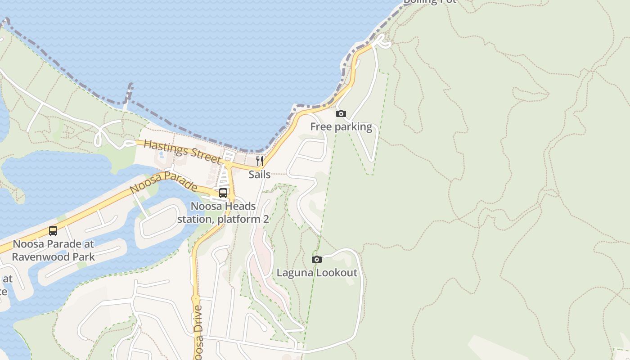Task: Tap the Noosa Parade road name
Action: [x=163, y=182]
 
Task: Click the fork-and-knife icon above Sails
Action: [x=260, y=161]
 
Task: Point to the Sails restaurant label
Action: [x=260, y=175]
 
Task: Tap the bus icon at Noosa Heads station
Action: [x=223, y=193]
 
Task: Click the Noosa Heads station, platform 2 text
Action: [x=223, y=213]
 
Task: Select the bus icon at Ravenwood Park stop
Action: [x=53, y=231]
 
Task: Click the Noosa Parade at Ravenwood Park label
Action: [x=53, y=251]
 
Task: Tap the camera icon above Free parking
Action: [x=341, y=114]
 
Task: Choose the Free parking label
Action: [x=341, y=127]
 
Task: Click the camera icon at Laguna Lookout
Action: [x=317, y=259]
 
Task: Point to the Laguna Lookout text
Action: [x=317, y=273]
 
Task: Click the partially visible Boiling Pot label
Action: [x=430, y=1]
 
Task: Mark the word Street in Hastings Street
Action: [x=201, y=154]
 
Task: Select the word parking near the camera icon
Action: [x=353, y=127]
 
